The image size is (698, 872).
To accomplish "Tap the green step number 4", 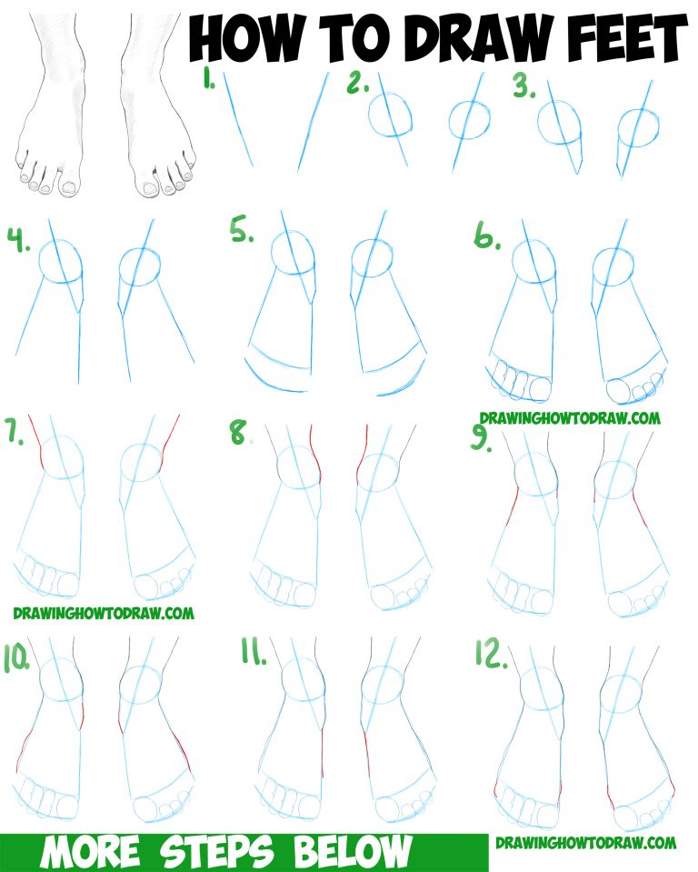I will pyautogui.click(x=20, y=244).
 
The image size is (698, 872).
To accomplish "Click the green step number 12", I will pyautogui.click(x=492, y=654).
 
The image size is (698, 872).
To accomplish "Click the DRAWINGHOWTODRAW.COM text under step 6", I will pyautogui.click(x=570, y=418).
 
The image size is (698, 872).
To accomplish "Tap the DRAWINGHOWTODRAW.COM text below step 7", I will pyautogui.click(x=104, y=613).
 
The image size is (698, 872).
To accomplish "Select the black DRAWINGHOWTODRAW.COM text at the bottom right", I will pyautogui.click(x=586, y=843).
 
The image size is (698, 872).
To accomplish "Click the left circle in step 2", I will pyautogui.click(x=391, y=117).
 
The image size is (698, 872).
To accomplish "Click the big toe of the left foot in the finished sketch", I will pyautogui.click(x=67, y=186).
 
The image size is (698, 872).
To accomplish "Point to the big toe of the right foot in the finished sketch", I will pyautogui.click(x=148, y=187).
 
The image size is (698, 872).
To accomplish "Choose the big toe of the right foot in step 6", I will pyautogui.click(x=620, y=389).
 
